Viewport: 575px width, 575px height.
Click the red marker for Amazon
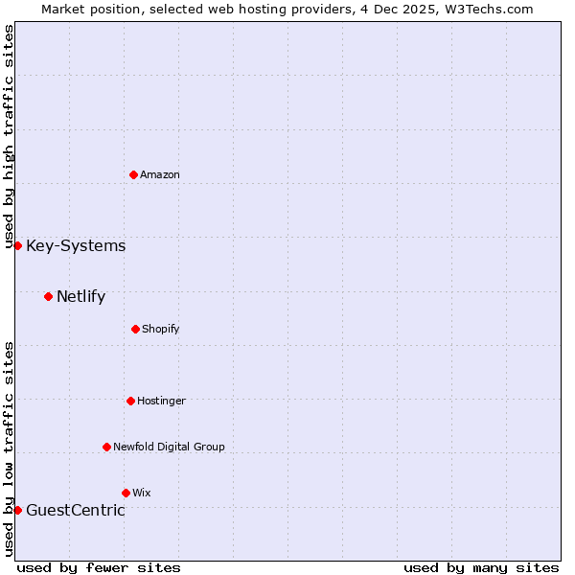(x=133, y=174)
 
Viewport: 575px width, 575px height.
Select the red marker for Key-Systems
(x=17, y=246)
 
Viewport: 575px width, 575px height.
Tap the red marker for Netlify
(x=48, y=296)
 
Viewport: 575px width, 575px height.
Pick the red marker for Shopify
(x=135, y=329)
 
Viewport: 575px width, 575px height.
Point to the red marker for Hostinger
(x=130, y=401)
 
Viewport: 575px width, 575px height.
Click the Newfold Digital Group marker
(x=106, y=447)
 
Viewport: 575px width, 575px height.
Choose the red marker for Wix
(x=126, y=493)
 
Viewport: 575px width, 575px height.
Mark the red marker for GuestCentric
(x=17, y=510)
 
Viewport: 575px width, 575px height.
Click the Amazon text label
(x=160, y=174)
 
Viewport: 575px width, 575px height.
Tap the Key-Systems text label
(x=76, y=246)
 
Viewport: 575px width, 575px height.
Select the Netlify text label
(x=80, y=296)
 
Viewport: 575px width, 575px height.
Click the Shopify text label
(x=161, y=329)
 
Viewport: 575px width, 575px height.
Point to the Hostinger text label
(x=161, y=401)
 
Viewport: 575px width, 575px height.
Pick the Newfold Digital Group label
(x=169, y=447)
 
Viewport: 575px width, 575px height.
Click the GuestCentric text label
(x=75, y=510)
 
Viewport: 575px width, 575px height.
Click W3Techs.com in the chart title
(x=486, y=9)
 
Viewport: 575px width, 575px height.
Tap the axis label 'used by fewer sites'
(x=99, y=567)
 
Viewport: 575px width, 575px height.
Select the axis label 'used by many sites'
(x=481, y=567)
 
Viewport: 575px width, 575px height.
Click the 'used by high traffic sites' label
(x=9, y=136)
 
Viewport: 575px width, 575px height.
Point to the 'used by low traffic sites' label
(x=9, y=448)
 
